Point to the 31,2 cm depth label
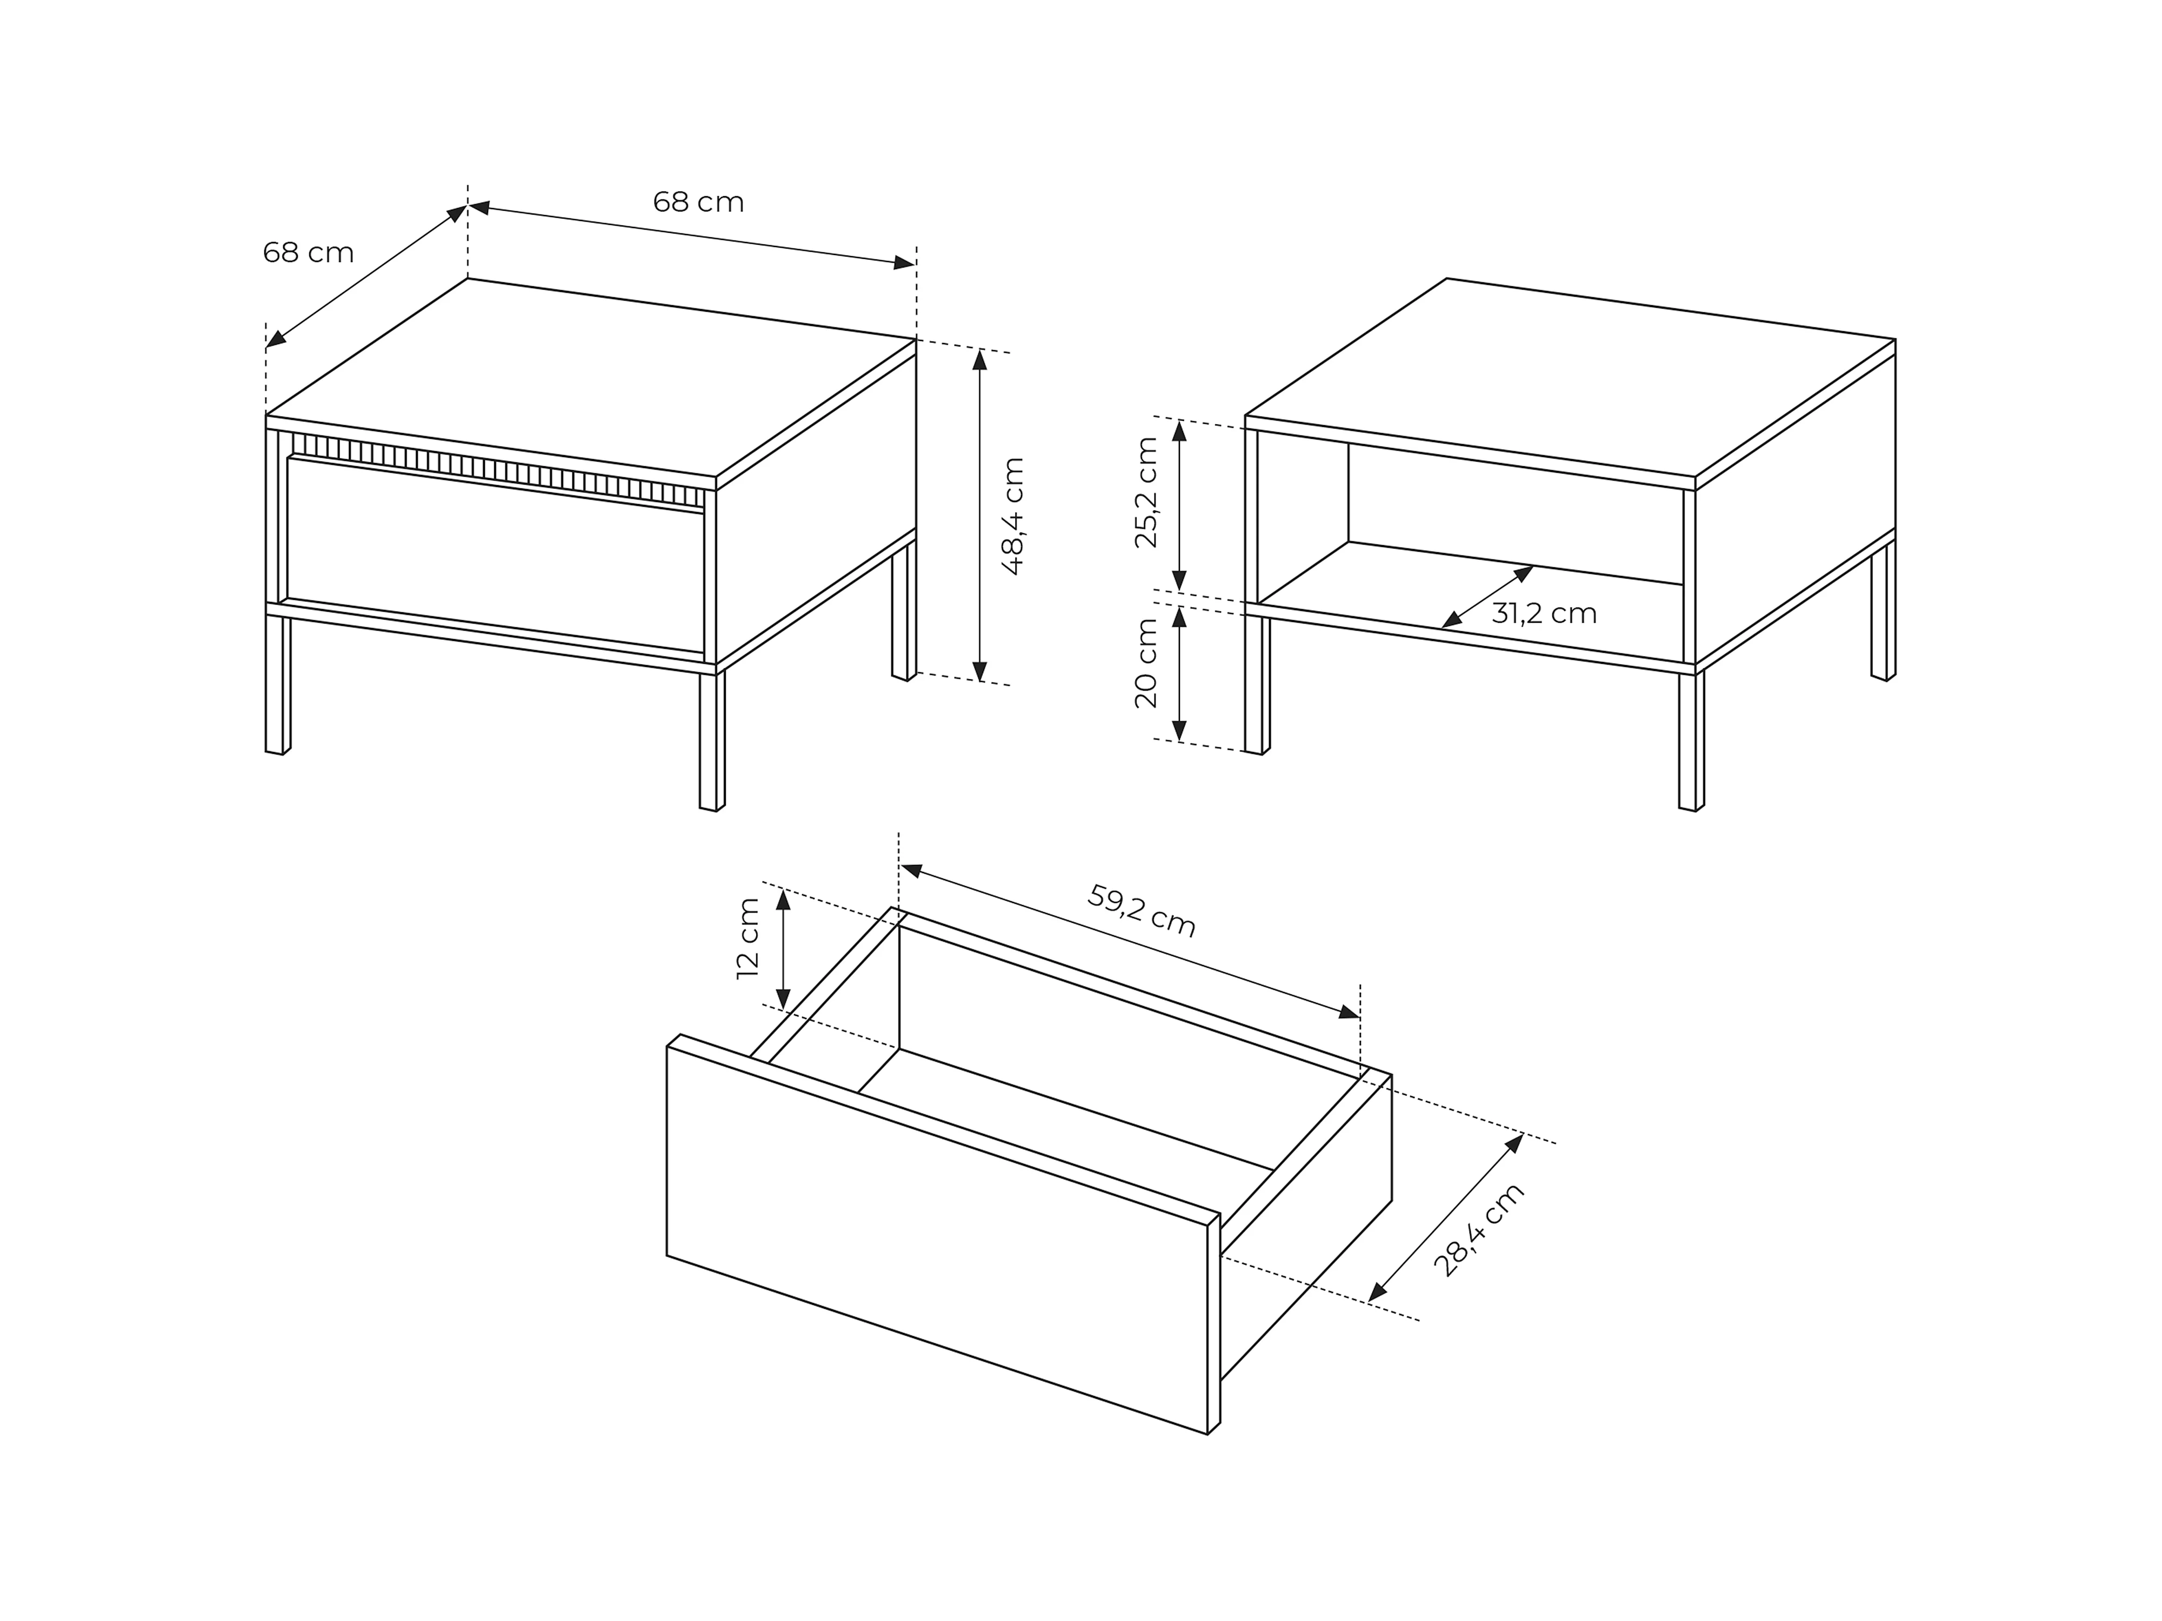pos(1544,614)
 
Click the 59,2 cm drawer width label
pos(1142,910)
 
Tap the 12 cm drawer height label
pos(749,938)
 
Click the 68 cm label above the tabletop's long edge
pos(699,202)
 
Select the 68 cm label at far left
pos(309,253)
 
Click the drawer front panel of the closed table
pos(496,554)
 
